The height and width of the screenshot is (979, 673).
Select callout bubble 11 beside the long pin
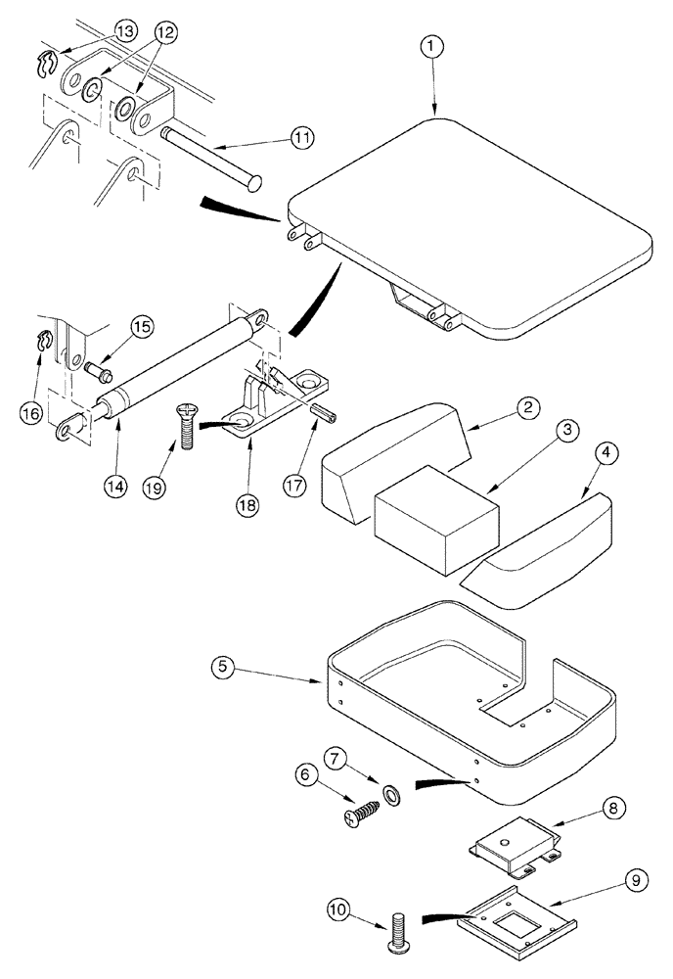[301, 138]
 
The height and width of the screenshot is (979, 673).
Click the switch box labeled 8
[511, 841]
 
